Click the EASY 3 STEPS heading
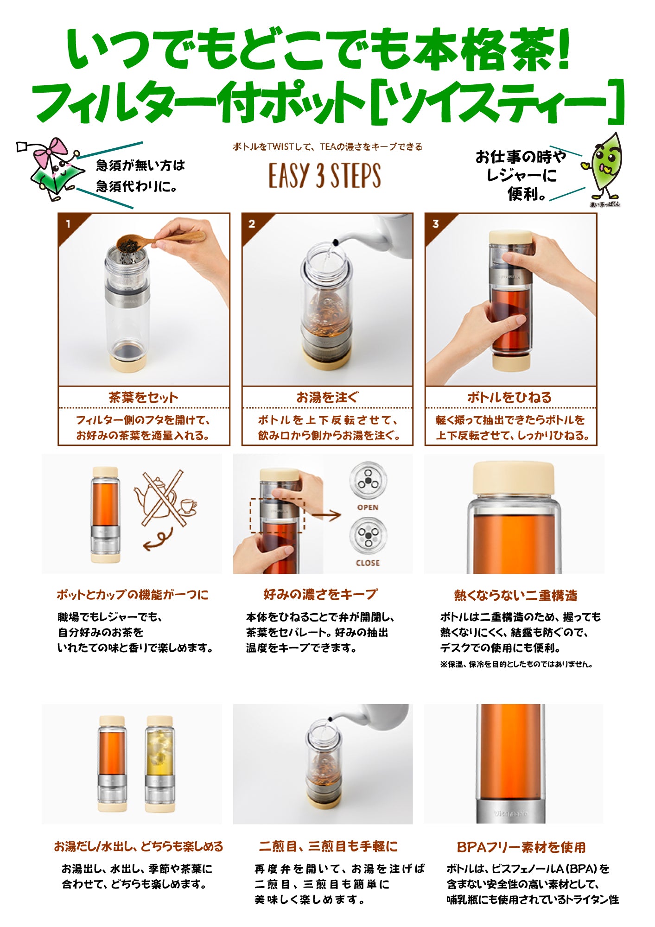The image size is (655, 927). coord(325,176)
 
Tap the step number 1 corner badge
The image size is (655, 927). coord(68,224)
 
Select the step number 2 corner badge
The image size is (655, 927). coord(252,224)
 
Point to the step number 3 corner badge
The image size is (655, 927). coord(435,224)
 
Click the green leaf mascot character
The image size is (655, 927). coord(604,167)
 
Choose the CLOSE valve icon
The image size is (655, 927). coord(368,536)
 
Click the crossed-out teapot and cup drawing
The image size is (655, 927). coord(162,500)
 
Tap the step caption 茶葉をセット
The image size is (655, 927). coord(143,397)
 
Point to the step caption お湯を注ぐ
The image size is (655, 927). coord(327,397)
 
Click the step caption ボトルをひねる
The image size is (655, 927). coord(510,397)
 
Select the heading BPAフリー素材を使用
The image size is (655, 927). coord(521,847)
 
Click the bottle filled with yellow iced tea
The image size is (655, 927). coord(160,765)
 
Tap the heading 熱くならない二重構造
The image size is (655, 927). coord(515,595)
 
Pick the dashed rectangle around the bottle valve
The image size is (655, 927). coord(277,515)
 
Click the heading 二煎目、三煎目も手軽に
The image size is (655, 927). coord(328,846)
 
